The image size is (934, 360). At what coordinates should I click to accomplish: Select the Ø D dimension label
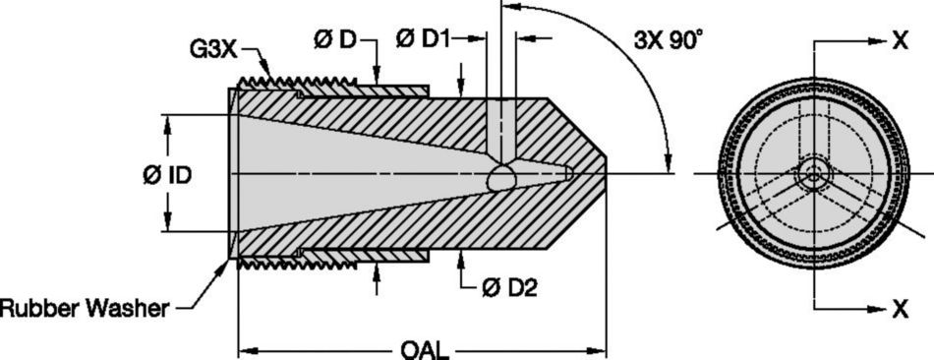pos(335,40)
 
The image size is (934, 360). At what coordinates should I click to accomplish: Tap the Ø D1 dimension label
pos(424,40)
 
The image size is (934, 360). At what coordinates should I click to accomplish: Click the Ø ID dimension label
pos(166,174)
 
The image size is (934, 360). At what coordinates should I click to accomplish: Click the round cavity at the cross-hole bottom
pos(501,178)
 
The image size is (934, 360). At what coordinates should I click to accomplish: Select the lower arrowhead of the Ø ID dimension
pos(166,226)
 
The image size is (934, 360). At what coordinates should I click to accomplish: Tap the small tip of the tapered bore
pos(569,174)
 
